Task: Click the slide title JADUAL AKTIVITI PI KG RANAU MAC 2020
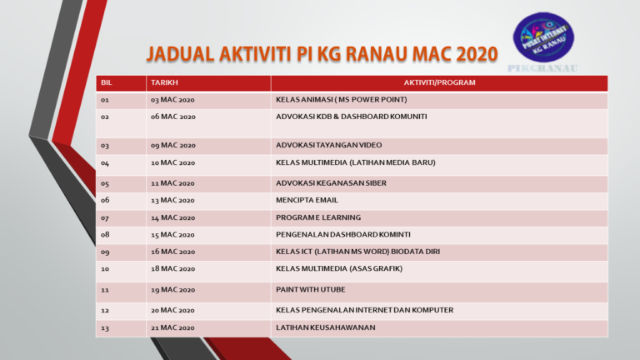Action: (x=322, y=55)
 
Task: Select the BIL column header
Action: (x=107, y=82)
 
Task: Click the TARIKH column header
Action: (x=164, y=82)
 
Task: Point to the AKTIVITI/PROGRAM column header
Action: (x=438, y=82)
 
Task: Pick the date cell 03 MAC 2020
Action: (x=172, y=100)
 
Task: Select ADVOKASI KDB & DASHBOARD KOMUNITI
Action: (x=351, y=117)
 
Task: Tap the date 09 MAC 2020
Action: (x=172, y=145)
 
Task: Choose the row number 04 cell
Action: (x=105, y=162)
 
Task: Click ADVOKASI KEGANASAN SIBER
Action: (x=331, y=182)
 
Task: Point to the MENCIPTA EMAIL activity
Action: (x=307, y=200)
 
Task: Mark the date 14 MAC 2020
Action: (x=172, y=217)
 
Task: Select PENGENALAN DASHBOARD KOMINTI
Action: (x=342, y=234)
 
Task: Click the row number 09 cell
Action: (x=105, y=252)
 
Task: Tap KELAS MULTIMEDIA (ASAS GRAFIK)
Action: (x=339, y=268)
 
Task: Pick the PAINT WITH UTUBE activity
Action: (x=310, y=291)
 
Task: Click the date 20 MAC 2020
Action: (x=172, y=310)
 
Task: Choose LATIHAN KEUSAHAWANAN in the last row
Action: (x=325, y=327)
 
